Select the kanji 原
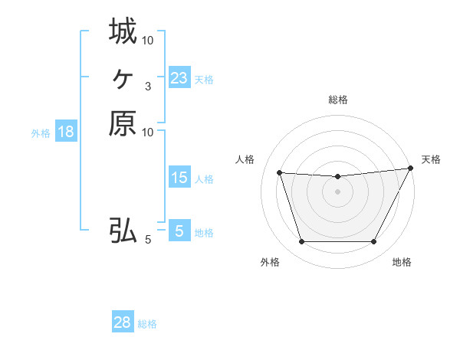coord(123,123)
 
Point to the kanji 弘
coord(123,230)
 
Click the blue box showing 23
coord(179,78)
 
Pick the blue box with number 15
coord(179,178)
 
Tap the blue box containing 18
coord(66,132)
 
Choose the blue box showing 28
coord(123,322)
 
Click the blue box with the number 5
coord(179,231)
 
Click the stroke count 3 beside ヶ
coord(147,87)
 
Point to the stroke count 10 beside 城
coord(148,40)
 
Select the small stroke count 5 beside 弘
coord(148,240)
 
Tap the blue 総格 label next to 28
coord(148,324)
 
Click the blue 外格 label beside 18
coord(41,133)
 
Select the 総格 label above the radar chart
coord(338,100)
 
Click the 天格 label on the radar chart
coord(431,159)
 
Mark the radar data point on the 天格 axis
coord(411,169)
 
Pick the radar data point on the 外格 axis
coord(301,242)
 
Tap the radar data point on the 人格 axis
coord(279,173)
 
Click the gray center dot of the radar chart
coord(338,192)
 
